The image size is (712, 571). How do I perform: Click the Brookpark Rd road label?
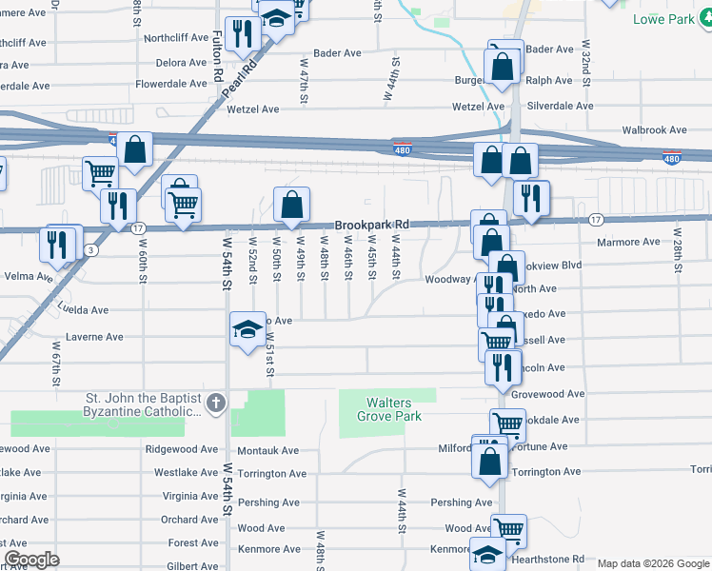[x=371, y=225]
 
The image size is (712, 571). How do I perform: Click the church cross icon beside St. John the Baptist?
[x=216, y=404]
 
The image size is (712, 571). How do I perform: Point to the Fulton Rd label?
[x=217, y=54]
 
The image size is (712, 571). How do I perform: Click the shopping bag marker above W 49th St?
[x=291, y=204]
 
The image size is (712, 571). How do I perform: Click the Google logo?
[x=31, y=560]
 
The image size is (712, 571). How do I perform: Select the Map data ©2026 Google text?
[x=652, y=563]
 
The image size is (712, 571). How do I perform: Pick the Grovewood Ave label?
[x=547, y=393]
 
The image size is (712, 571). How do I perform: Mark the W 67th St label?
[x=56, y=361]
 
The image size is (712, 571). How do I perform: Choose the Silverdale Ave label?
[x=560, y=107]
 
